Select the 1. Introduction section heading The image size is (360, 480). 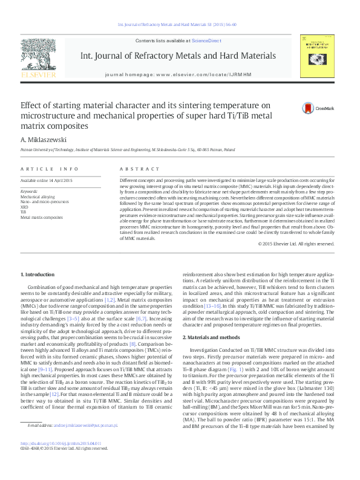(x=38, y=274)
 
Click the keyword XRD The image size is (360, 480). (x=24, y=207)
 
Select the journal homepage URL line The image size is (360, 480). (x=178, y=73)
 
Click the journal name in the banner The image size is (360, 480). (x=178, y=56)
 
